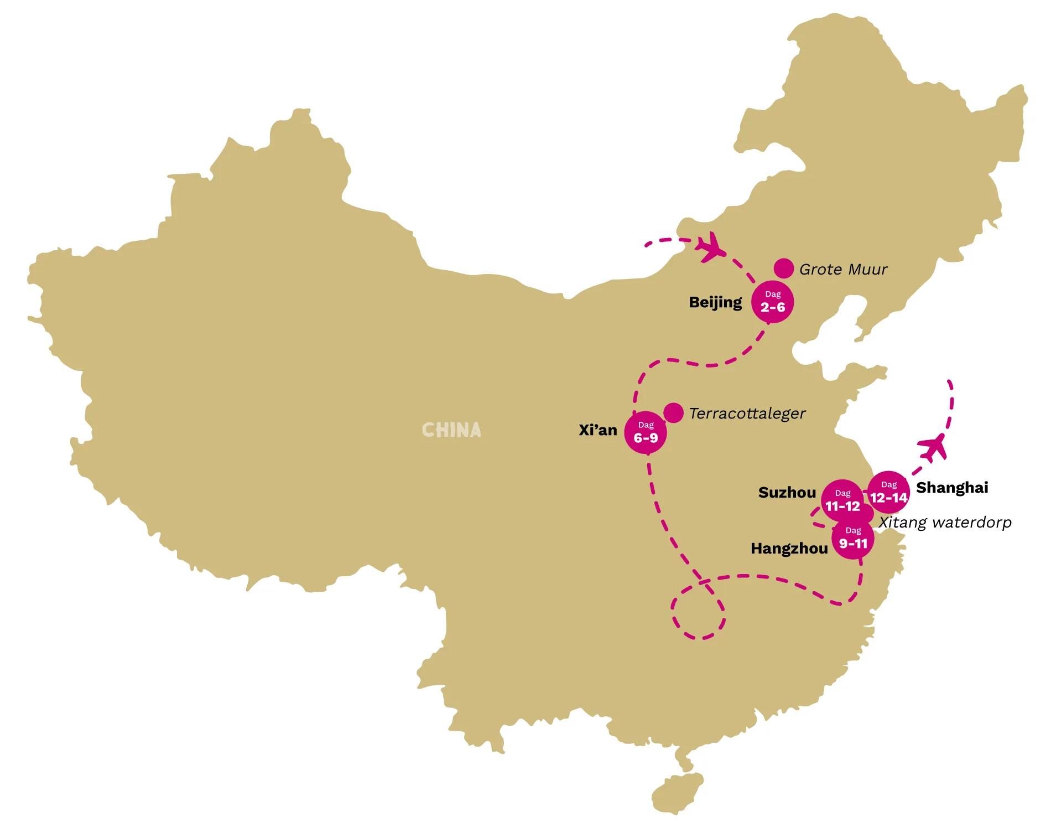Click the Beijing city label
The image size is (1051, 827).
pyautogui.click(x=715, y=302)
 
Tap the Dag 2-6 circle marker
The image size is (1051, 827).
pyautogui.click(x=772, y=303)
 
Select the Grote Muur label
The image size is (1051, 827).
pyautogui.click(x=843, y=270)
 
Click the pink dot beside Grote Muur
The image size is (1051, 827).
pyautogui.click(x=784, y=268)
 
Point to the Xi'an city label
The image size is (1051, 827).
pyautogui.click(x=597, y=430)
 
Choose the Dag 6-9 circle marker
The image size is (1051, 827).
pyautogui.click(x=646, y=433)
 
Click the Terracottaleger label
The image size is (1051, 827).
pyautogui.click(x=747, y=413)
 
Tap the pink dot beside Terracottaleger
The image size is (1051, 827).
pyautogui.click(x=673, y=412)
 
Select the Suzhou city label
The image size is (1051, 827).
pyautogui.click(x=787, y=493)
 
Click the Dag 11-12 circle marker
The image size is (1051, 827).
pyautogui.click(x=842, y=500)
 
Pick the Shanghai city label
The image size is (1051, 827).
pyautogui.click(x=952, y=488)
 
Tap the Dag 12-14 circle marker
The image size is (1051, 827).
pyautogui.click(x=888, y=492)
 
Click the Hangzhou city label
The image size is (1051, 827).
pyautogui.click(x=789, y=549)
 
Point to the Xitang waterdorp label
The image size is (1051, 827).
pyautogui.click(x=945, y=523)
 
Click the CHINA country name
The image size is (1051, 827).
pyautogui.click(x=451, y=430)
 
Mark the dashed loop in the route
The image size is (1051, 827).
pyautogui.click(x=698, y=612)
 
